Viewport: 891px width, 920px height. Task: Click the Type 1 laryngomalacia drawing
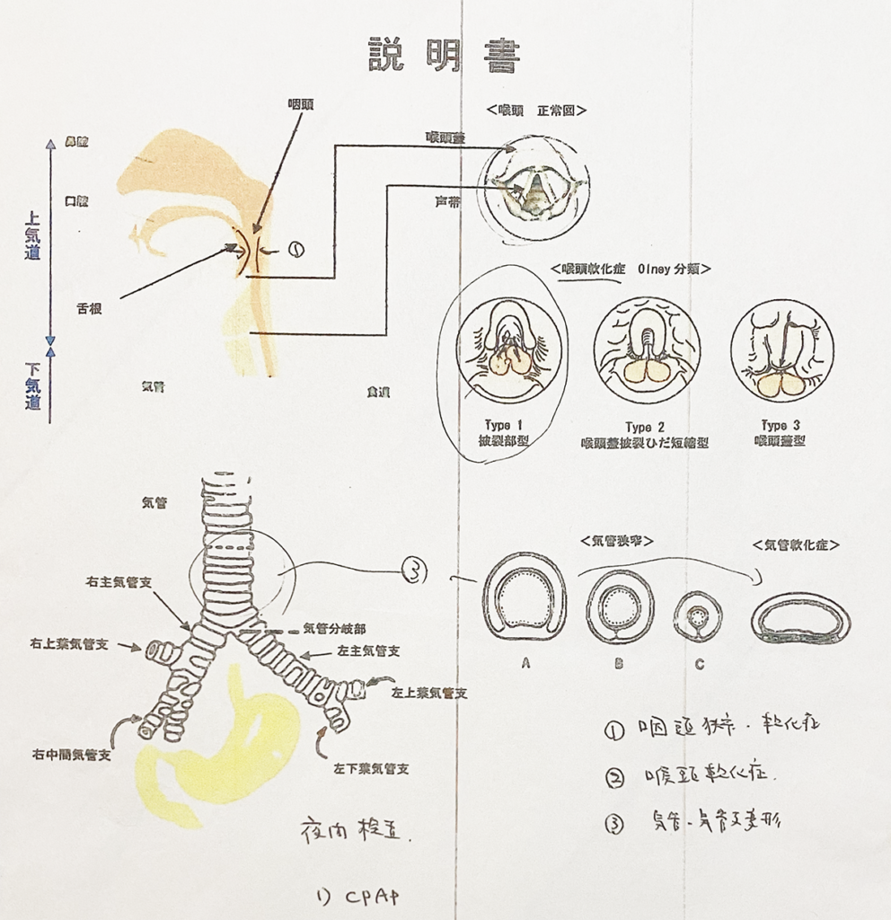tap(509, 350)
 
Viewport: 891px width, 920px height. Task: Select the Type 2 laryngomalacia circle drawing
tap(646, 350)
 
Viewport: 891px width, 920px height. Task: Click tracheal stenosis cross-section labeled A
tap(525, 597)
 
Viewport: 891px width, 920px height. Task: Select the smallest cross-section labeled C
tap(698, 616)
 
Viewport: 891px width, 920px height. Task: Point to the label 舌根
tap(88, 307)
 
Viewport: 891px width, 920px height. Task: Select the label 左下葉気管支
tap(364, 769)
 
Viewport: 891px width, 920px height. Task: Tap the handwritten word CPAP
tap(370, 896)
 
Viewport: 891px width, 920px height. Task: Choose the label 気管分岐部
tap(334, 629)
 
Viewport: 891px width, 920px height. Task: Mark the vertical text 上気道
tap(32, 235)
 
